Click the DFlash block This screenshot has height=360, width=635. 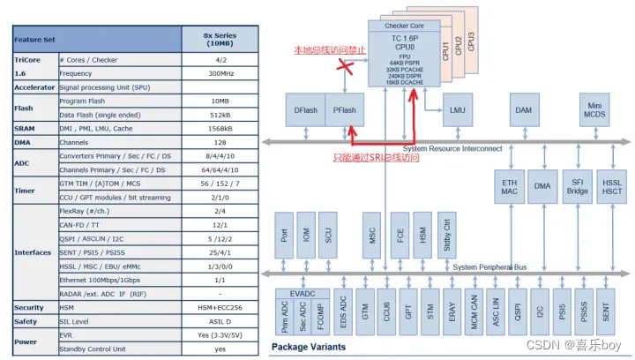305,110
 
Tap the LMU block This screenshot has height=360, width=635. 456,110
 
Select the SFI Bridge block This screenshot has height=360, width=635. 579,185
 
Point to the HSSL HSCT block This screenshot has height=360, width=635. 613,185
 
